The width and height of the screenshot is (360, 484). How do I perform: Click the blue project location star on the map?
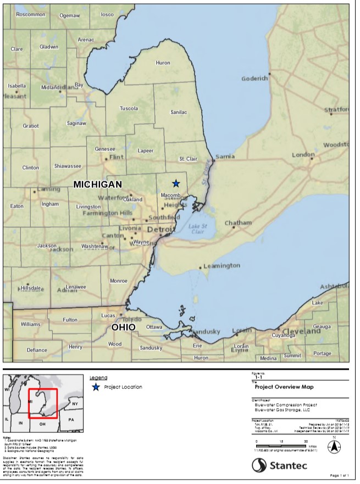pyautogui.click(x=176, y=183)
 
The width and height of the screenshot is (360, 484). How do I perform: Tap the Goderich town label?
pyautogui.click(x=254, y=79)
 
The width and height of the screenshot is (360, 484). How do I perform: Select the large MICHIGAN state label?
pyautogui.click(x=98, y=184)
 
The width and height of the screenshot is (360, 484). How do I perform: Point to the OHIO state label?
pyautogui.click(x=123, y=327)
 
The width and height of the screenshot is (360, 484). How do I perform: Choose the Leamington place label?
pyautogui.click(x=221, y=266)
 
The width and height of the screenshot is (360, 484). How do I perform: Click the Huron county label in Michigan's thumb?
pyautogui.click(x=163, y=63)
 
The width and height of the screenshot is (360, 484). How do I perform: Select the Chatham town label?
pyautogui.click(x=238, y=223)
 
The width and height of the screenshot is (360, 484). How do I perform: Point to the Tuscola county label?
pyautogui.click(x=129, y=108)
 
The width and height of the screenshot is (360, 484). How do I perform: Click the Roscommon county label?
pyautogui.click(x=31, y=15)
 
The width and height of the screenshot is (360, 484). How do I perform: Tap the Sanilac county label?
pyautogui.click(x=179, y=112)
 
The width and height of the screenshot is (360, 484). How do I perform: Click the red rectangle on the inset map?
pyautogui.click(x=43, y=404)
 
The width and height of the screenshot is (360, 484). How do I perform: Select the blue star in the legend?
pyautogui.click(x=96, y=387)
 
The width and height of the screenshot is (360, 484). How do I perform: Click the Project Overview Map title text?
pyautogui.click(x=280, y=386)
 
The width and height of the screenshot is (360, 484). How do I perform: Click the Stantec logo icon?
pyautogui.click(x=260, y=465)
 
